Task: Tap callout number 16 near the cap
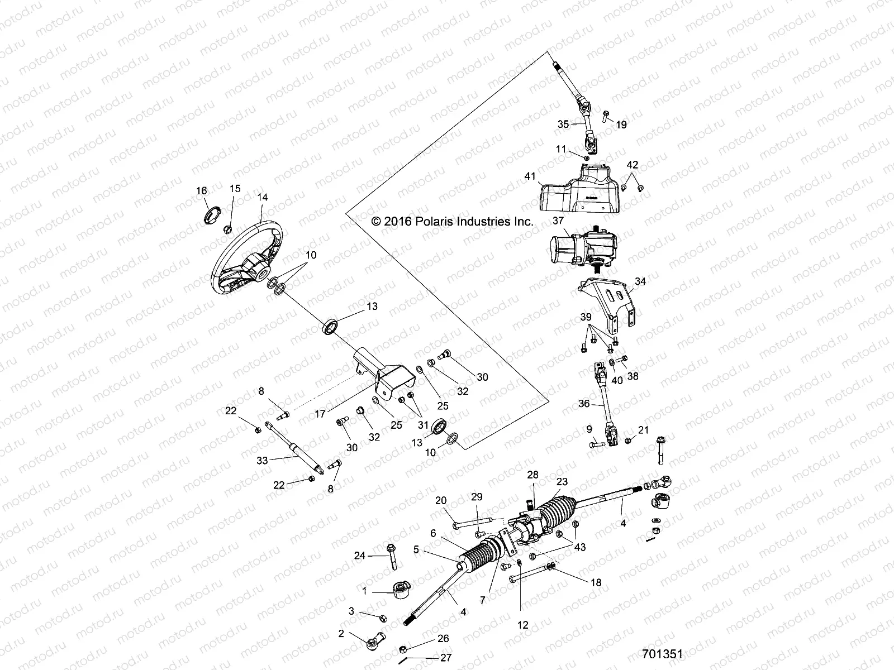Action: [202, 191]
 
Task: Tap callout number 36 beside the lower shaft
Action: [583, 404]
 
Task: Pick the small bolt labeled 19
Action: [605, 116]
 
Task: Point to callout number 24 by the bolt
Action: [360, 555]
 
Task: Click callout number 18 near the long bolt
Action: [596, 582]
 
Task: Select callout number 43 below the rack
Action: [580, 547]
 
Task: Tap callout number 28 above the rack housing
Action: [532, 474]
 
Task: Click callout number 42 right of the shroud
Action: [632, 165]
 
